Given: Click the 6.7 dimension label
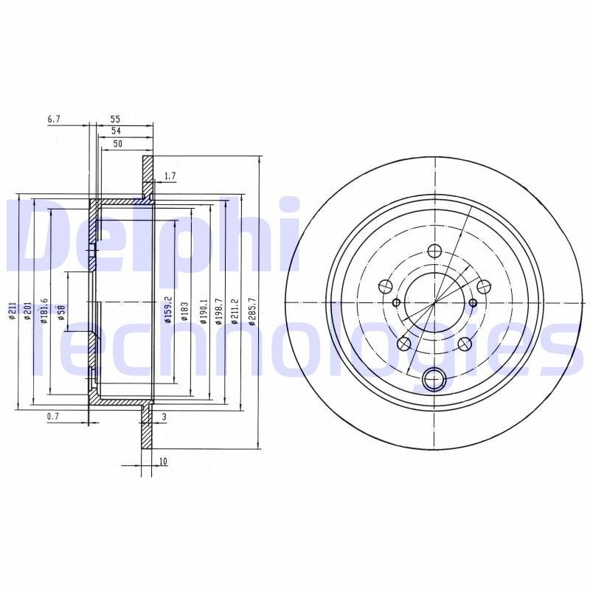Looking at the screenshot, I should pos(53,119).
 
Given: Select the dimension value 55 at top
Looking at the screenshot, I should pos(116,119).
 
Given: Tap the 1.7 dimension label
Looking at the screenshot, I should pos(170,176).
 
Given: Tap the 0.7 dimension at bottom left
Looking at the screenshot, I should pos(52,417).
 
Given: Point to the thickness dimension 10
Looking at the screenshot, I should pos(162,462).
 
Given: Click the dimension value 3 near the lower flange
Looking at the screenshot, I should pos(164,417).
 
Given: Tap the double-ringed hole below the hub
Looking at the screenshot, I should pos(434,380).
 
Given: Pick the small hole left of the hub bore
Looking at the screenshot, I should pos(396,302).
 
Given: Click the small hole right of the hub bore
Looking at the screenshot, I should pos(473,302).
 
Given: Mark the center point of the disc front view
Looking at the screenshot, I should pos(434,302).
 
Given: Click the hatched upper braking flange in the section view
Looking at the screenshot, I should pos(147,177).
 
